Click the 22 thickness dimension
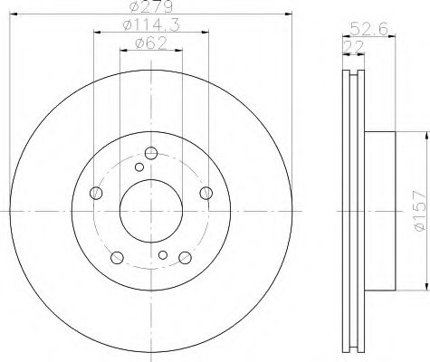348,44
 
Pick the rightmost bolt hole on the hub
206,191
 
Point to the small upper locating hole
139,167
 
